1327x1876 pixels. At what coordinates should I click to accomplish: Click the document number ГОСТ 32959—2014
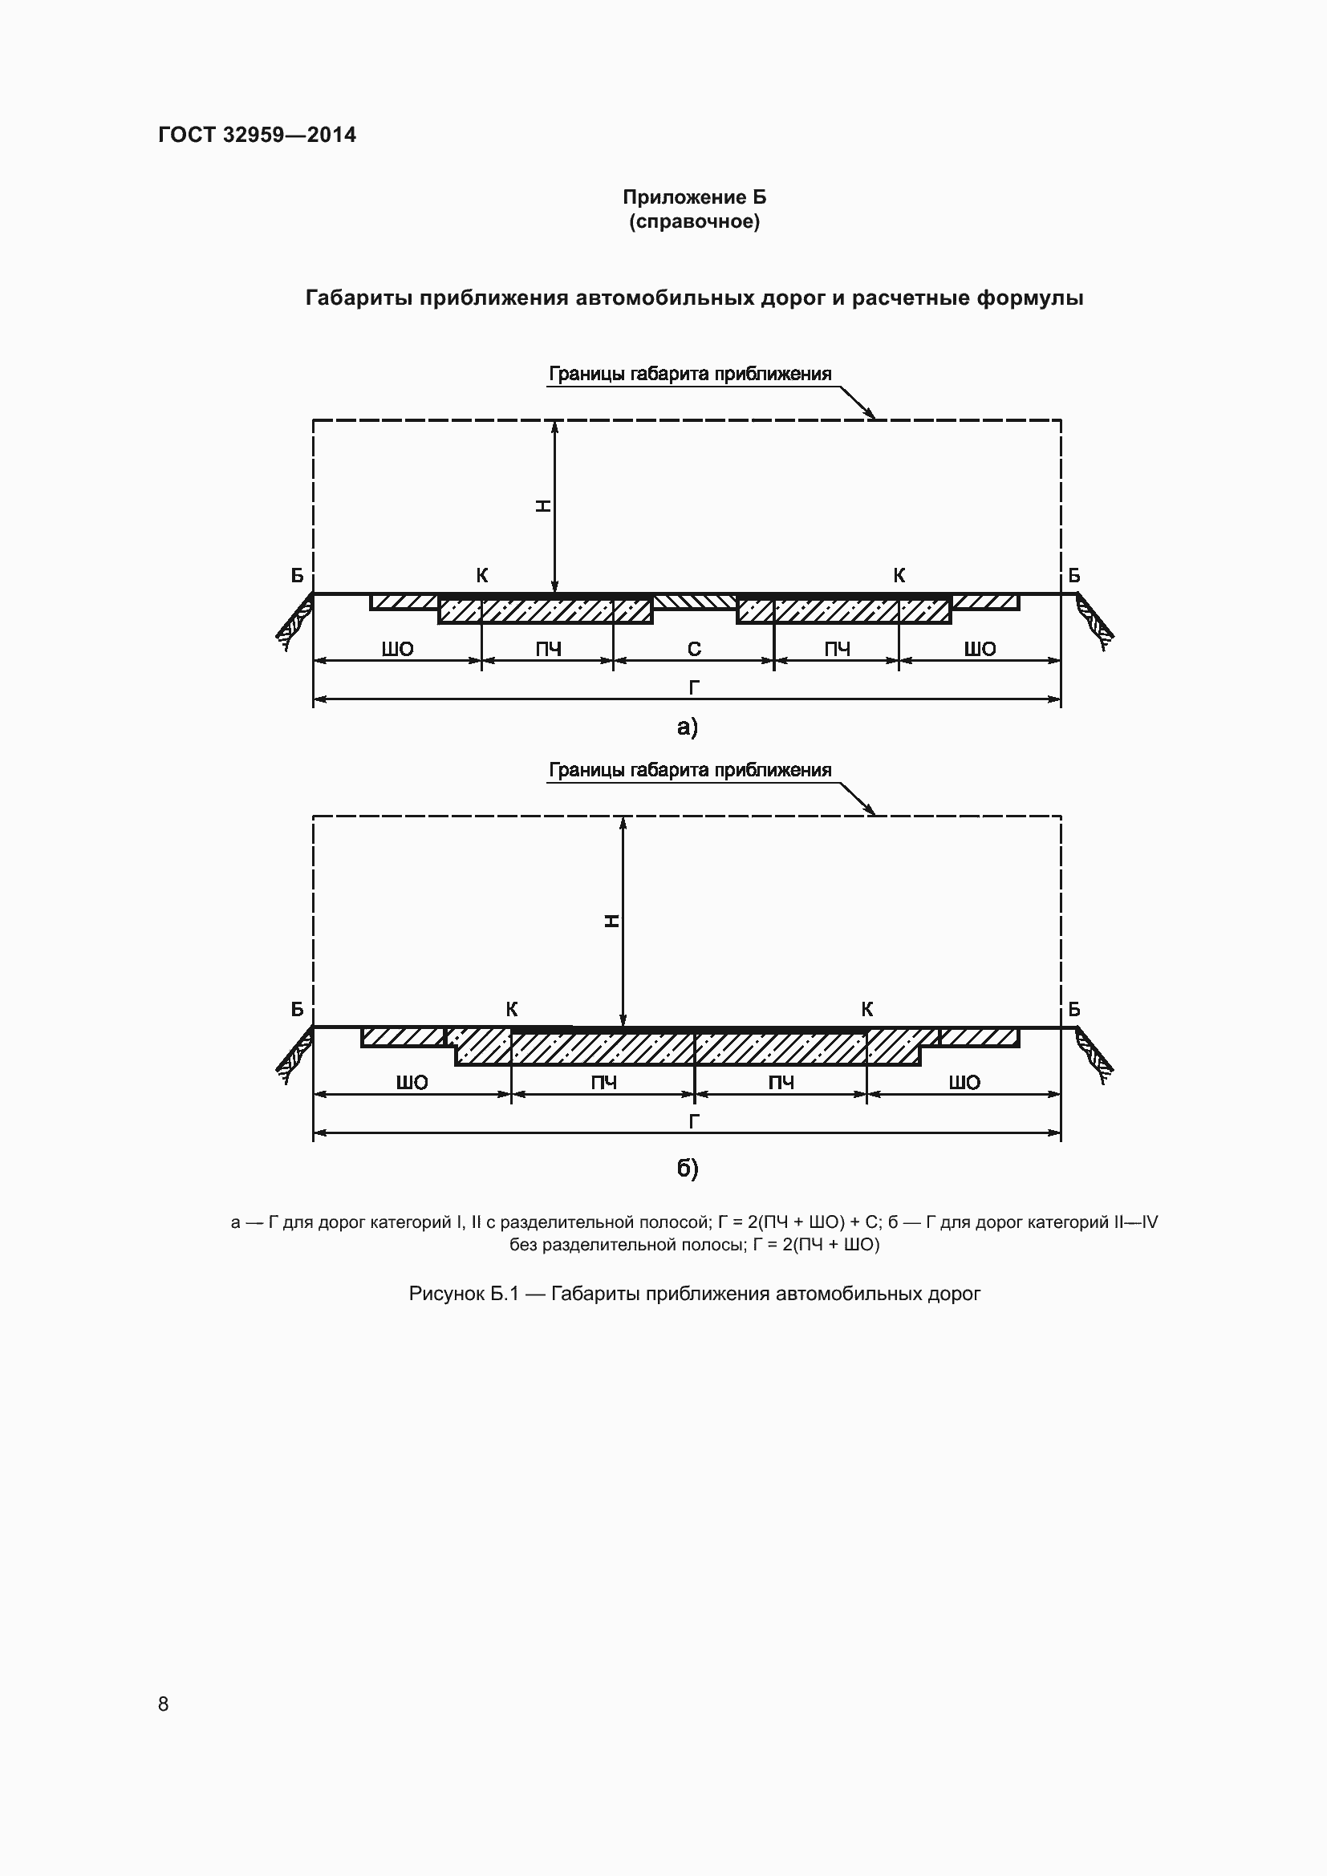257,135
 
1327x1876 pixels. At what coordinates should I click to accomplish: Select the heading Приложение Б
694,197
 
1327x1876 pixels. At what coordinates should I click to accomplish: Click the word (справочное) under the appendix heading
694,221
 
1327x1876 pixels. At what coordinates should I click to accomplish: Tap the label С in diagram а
694,649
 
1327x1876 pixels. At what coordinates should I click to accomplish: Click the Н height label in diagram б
611,922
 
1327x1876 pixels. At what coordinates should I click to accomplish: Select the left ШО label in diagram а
398,650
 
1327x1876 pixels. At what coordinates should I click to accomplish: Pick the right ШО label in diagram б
964,1083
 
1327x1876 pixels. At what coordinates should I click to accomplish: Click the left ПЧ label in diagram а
548,650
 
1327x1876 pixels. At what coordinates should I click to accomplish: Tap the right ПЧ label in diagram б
781,1083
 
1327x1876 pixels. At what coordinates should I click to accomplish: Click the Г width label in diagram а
694,688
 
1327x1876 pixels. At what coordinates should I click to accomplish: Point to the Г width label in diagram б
694,1121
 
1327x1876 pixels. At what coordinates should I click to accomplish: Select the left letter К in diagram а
482,575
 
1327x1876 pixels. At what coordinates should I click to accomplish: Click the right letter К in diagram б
867,1009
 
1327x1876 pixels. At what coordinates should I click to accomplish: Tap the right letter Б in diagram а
1073,575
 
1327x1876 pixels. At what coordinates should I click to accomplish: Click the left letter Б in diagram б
298,1009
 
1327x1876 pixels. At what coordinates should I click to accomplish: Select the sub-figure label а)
688,727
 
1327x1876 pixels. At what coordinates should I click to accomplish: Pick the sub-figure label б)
688,1169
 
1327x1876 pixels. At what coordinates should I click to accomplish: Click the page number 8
164,1704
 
